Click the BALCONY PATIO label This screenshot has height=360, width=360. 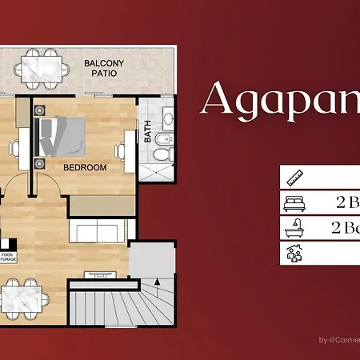(101, 66)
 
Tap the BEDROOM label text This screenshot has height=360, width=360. (85, 167)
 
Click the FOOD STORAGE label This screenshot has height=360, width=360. (7, 256)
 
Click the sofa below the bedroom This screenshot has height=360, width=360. (98, 232)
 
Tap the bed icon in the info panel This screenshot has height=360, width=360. (291, 202)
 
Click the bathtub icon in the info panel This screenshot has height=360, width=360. (291, 228)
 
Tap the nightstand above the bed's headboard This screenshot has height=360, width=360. (41, 110)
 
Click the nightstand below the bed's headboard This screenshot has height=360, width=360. (41, 163)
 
